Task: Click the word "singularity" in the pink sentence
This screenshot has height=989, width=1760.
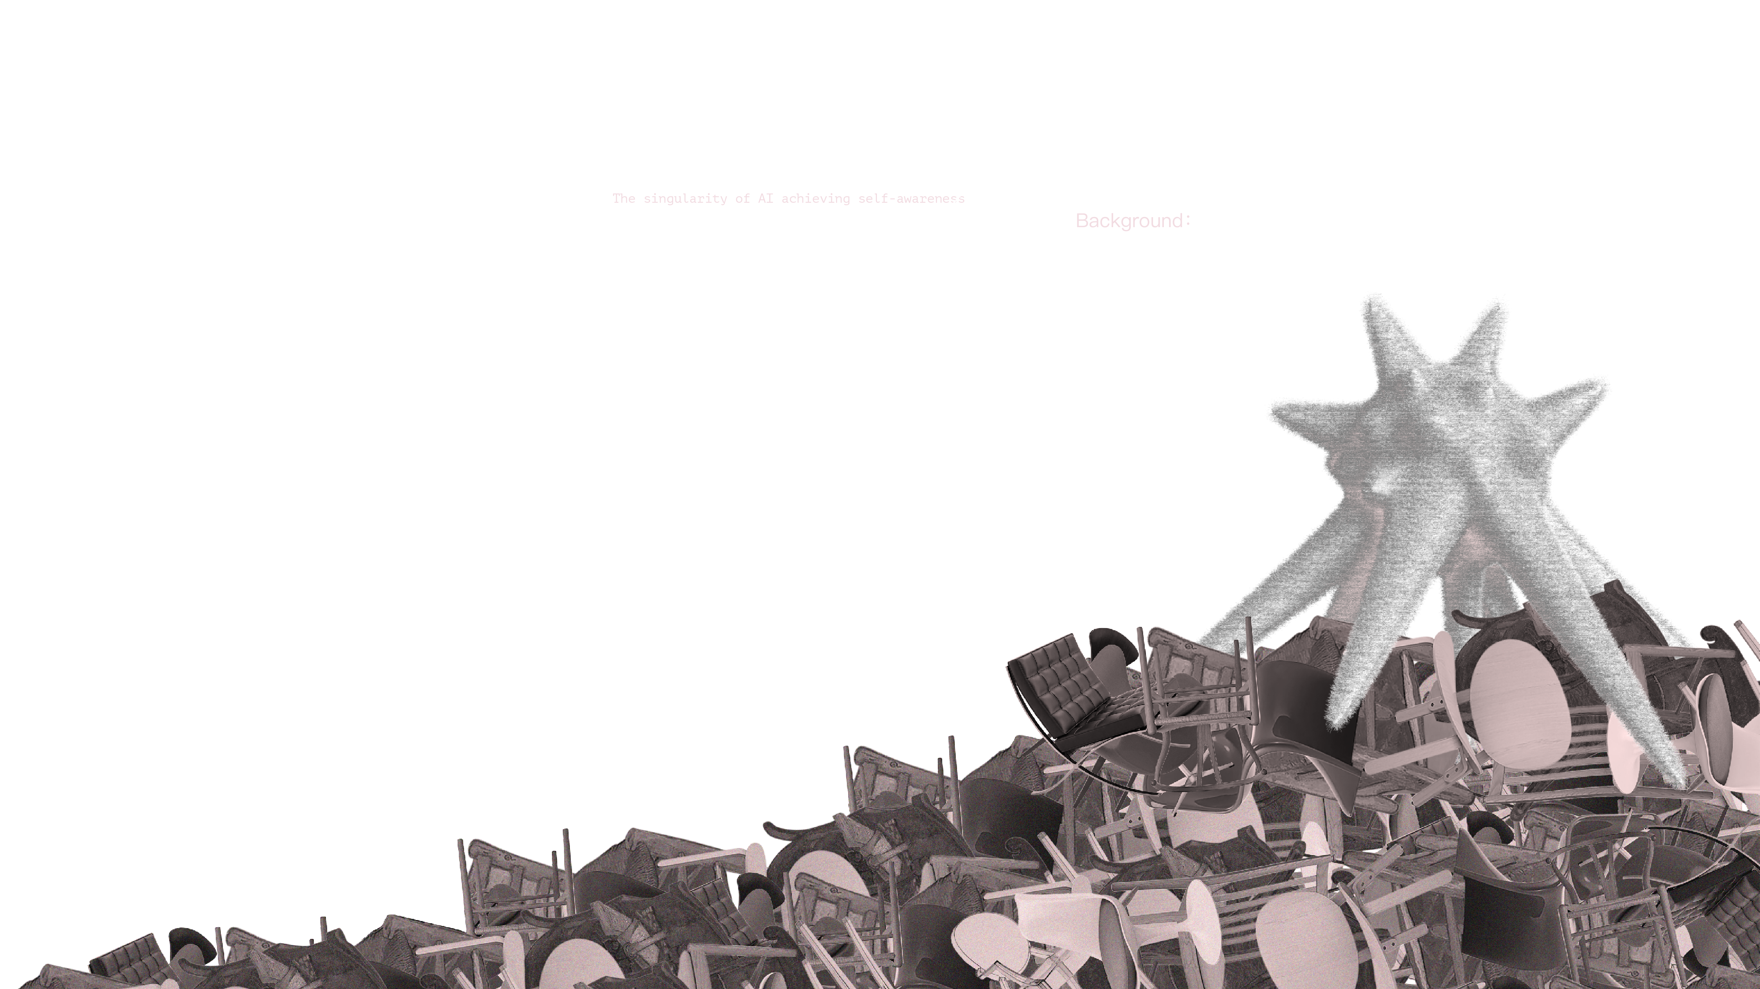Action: [685, 199]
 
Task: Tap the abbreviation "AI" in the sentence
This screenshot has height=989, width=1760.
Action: [765, 199]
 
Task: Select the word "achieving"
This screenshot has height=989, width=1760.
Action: [816, 199]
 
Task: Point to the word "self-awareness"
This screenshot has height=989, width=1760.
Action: [912, 199]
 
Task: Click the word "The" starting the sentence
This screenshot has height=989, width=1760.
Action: [623, 199]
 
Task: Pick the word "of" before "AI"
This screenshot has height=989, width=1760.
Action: [743, 199]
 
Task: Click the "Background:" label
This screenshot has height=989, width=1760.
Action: [1133, 221]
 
